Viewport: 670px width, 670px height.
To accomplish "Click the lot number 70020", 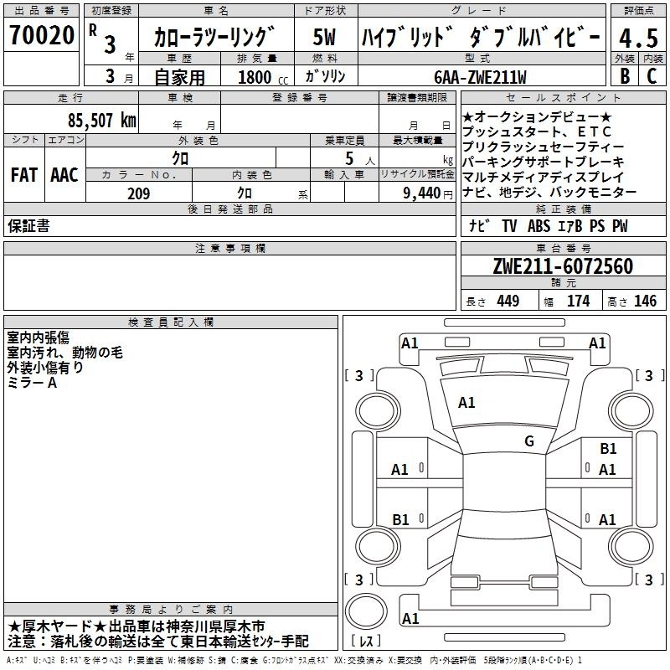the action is pyautogui.click(x=42, y=35).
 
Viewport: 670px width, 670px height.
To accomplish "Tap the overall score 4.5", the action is pyautogui.click(x=639, y=39).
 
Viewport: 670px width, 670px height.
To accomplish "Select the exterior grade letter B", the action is pyautogui.click(x=625, y=76).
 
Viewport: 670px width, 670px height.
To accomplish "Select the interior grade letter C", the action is pyautogui.click(x=652, y=76).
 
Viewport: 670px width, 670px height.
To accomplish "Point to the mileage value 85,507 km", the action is pyautogui.click(x=101, y=121).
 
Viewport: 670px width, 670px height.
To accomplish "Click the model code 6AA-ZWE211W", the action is pyautogui.click(x=480, y=77).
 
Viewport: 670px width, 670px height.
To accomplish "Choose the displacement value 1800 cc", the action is pyautogui.click(x=263, y=78).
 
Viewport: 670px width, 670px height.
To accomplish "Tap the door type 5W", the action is pyautogui.click(x=324, y=37).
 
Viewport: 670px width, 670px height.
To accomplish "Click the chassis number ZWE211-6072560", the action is pyautogui.click(x=563, y=266).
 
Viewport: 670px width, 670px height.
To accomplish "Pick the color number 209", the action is pyautogui.click(x=139, y=193).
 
